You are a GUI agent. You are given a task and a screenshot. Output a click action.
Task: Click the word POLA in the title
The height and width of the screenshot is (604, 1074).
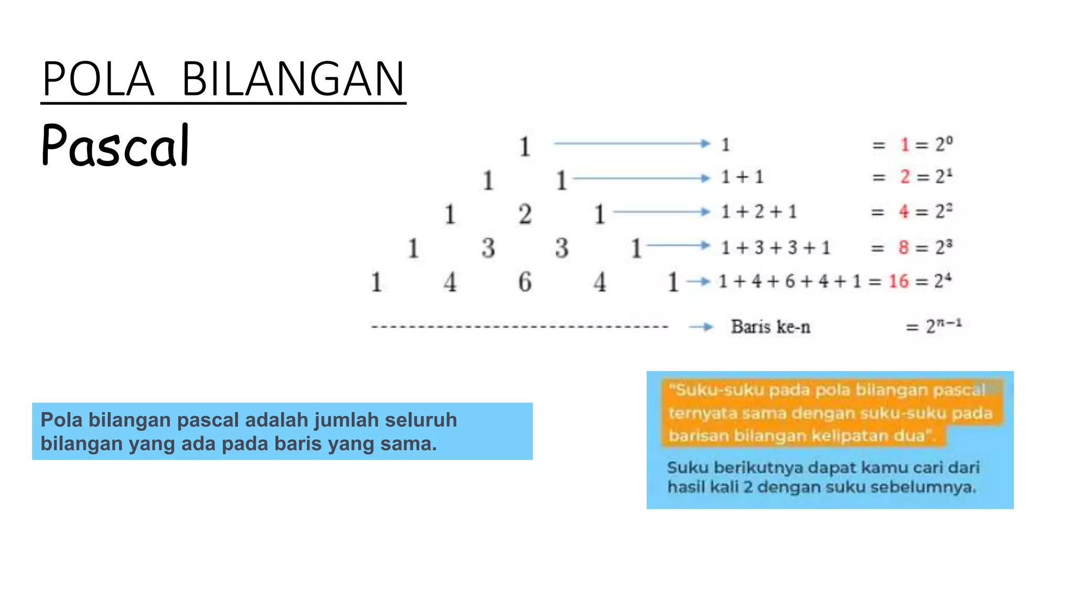pos(98,79)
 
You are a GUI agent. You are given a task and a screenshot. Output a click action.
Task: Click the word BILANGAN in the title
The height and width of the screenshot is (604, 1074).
pos(293,79)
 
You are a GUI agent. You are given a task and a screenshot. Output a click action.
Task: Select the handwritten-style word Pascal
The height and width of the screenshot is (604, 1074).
pos(115,146)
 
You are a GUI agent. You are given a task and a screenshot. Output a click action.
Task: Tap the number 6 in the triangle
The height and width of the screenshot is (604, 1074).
pos(525,282)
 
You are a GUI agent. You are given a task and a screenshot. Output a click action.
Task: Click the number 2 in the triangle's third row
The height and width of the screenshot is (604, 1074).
pos(525,214)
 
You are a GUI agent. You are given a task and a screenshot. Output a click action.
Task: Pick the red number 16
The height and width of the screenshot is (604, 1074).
pos(898,282)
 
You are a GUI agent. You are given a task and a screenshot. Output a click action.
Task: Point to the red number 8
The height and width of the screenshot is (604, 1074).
pos(903,247)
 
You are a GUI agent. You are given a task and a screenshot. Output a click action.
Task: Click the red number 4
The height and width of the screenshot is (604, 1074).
pos(904,211)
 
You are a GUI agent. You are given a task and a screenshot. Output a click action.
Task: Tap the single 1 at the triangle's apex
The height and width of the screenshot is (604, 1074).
pos(524,146)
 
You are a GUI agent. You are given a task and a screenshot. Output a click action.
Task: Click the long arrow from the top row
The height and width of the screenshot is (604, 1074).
pos(632,143)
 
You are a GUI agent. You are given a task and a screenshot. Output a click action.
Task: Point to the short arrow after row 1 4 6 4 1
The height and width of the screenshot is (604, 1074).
pos(698,282)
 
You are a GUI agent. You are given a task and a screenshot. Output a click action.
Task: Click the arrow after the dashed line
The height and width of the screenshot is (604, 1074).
pos(701,327)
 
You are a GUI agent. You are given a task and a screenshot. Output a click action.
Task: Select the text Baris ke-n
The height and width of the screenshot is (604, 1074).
pos(770,327)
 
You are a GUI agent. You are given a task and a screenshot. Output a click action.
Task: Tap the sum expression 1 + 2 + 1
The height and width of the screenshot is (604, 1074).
pos(759,212)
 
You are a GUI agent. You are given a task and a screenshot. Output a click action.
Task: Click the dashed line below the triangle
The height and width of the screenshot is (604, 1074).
pos(519,327)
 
